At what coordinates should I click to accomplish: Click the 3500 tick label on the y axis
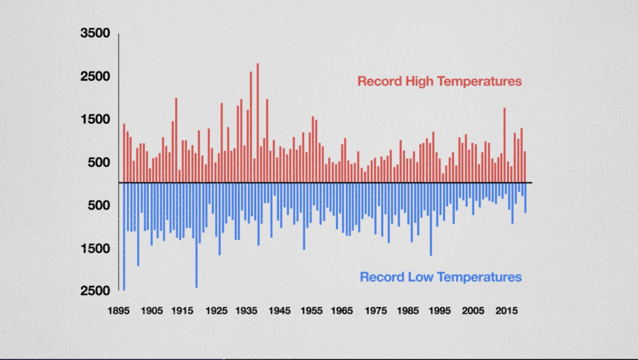tap(95, 34)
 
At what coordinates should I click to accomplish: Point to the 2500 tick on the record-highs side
tap(95, 77)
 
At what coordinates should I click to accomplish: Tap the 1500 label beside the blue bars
tap(95, 248)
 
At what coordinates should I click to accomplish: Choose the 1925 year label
tap(216, 311)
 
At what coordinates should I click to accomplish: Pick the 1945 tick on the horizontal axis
tap(280, 311)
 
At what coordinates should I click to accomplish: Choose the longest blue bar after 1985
tap(431, 219)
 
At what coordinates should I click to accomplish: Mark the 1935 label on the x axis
tap(248, 311)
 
